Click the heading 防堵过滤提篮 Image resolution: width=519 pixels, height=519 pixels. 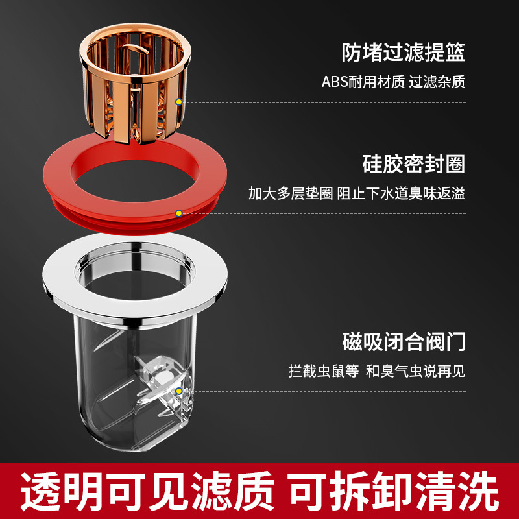(x=404, y=52)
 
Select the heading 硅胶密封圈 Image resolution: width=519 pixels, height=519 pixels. (x=413, y=163)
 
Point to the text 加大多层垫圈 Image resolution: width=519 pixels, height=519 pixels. (x=290, y=194)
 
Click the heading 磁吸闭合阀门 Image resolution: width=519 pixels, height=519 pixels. (x=404, y=341)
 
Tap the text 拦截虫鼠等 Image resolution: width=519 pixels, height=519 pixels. (x=323, y=372)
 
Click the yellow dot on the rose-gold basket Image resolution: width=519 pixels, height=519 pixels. (x=178, y=101)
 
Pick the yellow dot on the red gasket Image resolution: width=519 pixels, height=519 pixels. (x=178, y=213)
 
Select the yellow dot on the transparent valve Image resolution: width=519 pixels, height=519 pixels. (x=178, y=391)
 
